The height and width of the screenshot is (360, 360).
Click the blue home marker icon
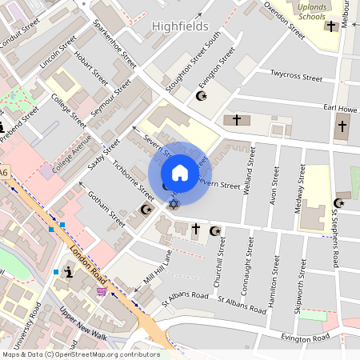point(180,173)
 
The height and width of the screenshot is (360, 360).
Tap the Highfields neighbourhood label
point(180,26)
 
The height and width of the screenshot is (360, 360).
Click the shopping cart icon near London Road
point(102,291)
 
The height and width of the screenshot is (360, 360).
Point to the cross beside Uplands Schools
point(330,26)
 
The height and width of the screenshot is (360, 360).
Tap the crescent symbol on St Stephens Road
point(338,203)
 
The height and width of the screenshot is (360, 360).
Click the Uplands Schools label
point(311,10)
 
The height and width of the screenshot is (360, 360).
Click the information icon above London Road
point(70,272)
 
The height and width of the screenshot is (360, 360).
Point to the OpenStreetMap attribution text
point(81,354)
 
